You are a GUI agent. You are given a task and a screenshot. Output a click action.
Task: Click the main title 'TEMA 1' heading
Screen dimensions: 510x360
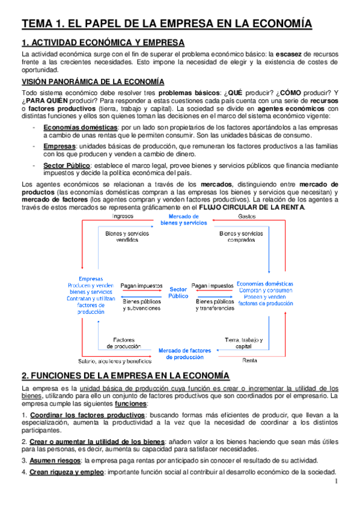pyautogui.click(x=166, y=23)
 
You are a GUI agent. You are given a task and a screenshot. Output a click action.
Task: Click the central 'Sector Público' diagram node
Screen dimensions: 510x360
pyautogui.click(x=178, y=292)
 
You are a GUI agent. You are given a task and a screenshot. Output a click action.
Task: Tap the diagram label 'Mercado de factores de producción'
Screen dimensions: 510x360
pyautogui.click(x=185, y=353)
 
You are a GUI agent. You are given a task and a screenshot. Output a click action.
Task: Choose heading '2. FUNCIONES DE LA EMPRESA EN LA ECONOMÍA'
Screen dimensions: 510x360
pyautogui.click(x=125, y=376)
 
